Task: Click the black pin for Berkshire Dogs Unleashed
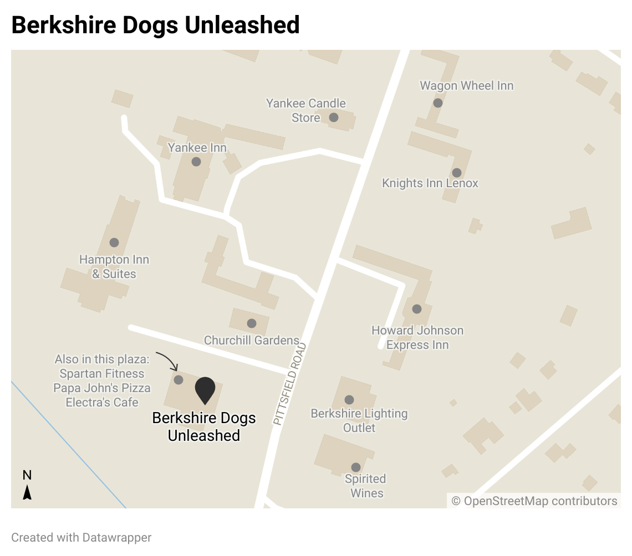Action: tap(205, 390)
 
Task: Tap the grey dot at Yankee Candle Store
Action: tap(334, 117)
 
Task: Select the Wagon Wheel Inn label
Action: tap(466, 86)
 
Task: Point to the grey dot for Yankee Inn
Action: tap(196, 162)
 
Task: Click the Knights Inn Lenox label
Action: tap(430, 183)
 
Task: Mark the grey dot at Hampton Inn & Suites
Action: tap(114, 243)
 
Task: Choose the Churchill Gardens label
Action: tap(251, 340)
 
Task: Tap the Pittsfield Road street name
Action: tap(290, 384)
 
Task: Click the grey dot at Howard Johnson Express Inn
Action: tap(417, 309)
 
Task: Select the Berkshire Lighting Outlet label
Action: tap(359, 420)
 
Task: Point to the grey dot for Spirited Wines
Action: tap(356, 467)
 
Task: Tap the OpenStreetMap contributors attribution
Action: tap(534, 501)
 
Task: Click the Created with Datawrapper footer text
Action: tap(81, 538)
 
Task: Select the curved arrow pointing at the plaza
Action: tap(167, 360)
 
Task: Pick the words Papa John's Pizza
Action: tap(102, 388)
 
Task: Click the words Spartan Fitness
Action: tap(102, 374)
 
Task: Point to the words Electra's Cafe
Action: tap(102, 402)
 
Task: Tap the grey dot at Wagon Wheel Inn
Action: tap(438, 102)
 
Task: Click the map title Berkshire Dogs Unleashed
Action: tap(155, 25)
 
